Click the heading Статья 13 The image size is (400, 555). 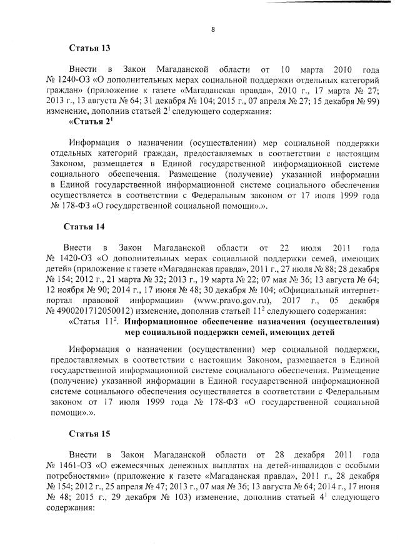click(86, 47)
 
